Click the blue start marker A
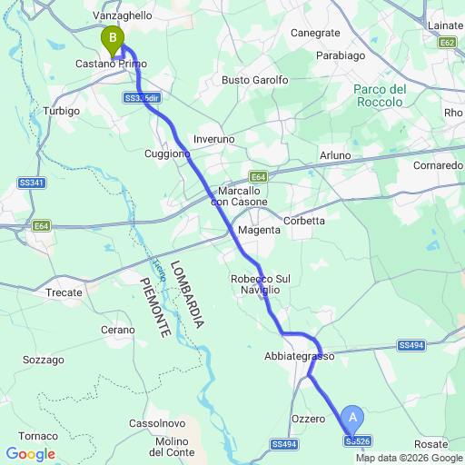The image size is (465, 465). [x=354, y=419]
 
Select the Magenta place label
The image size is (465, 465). [x=259, y=232]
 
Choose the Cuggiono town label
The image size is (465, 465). [x=167, y=153]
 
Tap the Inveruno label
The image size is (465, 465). [x=213, y=139]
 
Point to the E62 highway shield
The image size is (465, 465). [x=446, y=43]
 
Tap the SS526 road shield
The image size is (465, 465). [x=357, y=440]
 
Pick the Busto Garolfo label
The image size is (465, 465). [x=255, y=80]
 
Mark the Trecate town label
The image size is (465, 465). [x=64, y=292]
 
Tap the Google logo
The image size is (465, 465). [x=30, y=454]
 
